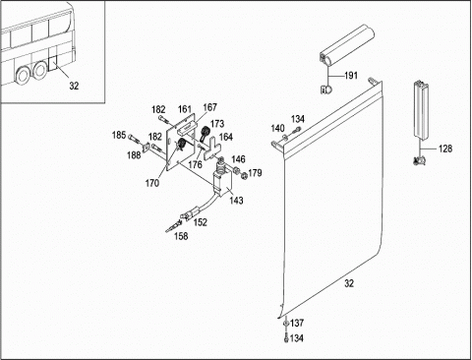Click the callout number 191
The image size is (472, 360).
pyautogui.click(x=351, y=76)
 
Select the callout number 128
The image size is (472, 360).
pyautogui.click(x=445, y=149)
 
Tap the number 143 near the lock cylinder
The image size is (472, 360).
pyautogui.click(x=236, y=200)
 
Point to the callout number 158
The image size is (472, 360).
pyautogui.click(x=181, y=236)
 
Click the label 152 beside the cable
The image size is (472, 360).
pyautogui.click(x=201, y=222)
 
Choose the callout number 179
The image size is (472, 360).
pyautogui.click(x=255, y=173)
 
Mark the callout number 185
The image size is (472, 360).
pyautogui.click(x=119, y=135)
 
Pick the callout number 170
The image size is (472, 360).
pyautogui.click(x=152, y=183)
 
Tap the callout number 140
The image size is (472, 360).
pyautogui.click(x=277, y=128)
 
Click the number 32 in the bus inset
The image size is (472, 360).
pyautogui.click(x=74, y=86)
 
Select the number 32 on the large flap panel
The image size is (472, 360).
pyautogui.click(x=349, y=283)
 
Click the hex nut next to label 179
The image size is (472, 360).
pyautogui.click(x=244, y=176)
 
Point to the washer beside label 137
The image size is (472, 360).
pyautogui.click(x=286, y=324)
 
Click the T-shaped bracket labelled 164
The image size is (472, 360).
pyautogui.click(x=211, y=150)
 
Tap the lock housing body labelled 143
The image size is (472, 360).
pyautogui.click(x=222, y=185)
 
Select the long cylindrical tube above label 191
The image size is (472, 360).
pyautogui.click(x=347, y=43)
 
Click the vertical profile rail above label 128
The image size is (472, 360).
pyautogui.click(x=421, y=110)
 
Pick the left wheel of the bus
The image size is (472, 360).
pyautogui.click(x=23, y=75)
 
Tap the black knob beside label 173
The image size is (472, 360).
pyautogui.click(x=206, y=132)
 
